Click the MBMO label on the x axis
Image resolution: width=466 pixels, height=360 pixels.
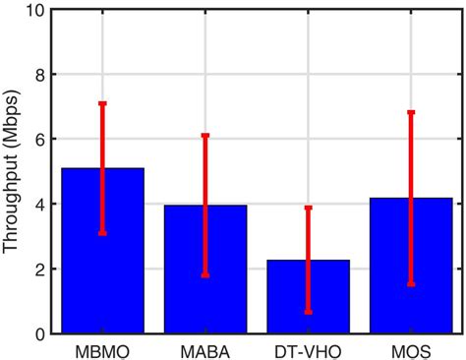(x=102, y=349)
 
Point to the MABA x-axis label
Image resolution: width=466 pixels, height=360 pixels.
(x=205, y=349)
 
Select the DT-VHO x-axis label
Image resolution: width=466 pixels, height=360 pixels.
(x=308, y=349)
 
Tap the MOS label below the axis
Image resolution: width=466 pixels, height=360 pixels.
(x=411, y=349)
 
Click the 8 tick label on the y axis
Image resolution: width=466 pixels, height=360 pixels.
(x=38, y=75)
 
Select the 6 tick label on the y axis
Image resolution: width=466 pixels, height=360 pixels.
(x=38, y=140)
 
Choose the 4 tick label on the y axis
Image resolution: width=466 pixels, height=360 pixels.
(x=38, y=205)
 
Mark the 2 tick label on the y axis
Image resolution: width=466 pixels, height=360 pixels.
(x=38, y=270)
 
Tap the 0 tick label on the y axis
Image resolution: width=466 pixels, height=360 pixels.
(x=38, y=333)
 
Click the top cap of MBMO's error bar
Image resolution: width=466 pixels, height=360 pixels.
(x=102, y=103)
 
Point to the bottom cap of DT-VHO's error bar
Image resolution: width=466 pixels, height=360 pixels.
(x=308, y=312)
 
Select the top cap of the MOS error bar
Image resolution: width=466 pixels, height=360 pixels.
(x=411, y=112)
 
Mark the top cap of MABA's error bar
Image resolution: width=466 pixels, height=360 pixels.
(x=205, y=135)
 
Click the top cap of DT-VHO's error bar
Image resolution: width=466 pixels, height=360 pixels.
(x=308, y=208)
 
